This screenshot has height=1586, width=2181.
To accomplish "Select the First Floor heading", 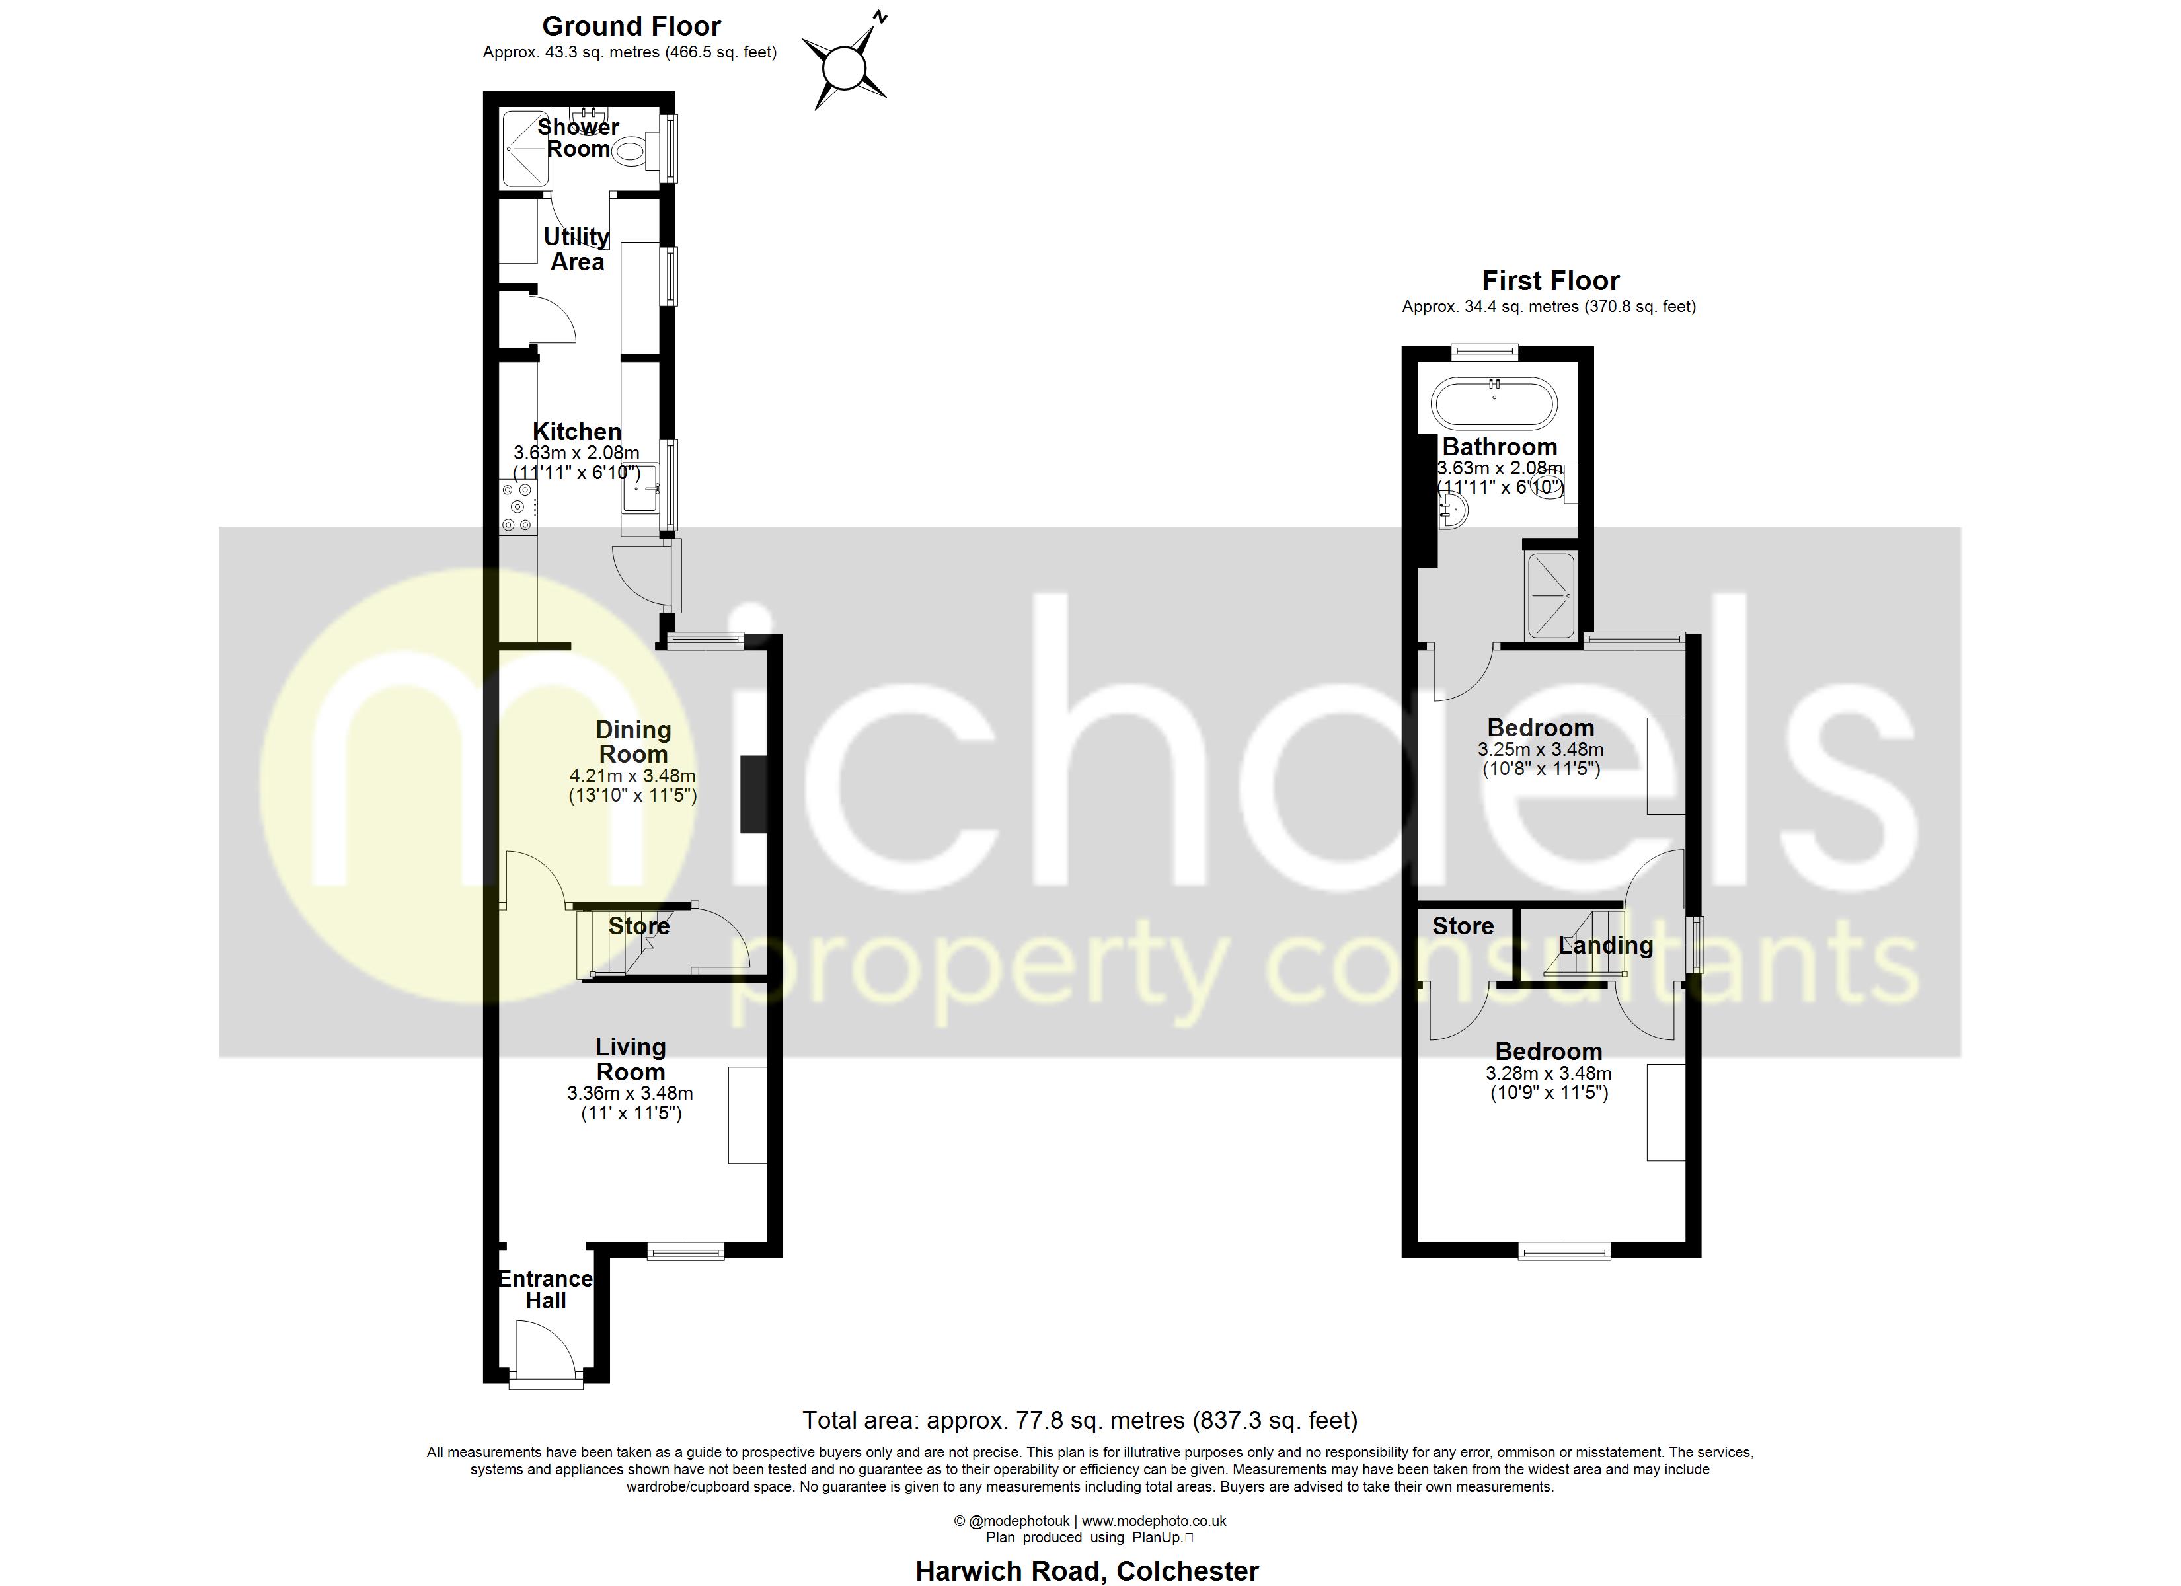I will (1550, 281).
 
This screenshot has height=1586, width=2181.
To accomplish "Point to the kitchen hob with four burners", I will (517, 507).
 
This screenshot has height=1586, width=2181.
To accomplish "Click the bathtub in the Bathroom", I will (1494, 402).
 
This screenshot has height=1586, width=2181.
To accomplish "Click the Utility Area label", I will (577, 249).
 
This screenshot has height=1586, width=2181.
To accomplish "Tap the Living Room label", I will (631, 1059).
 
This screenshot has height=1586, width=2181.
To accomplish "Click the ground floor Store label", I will (638, 926).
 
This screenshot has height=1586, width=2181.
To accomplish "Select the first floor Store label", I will (1463, 926).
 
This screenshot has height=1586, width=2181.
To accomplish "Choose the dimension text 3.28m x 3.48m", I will (1549, 1073).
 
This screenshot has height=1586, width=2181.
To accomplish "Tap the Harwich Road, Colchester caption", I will (1087, 1571).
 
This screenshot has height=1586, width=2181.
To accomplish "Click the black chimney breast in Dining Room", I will (753, 794).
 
